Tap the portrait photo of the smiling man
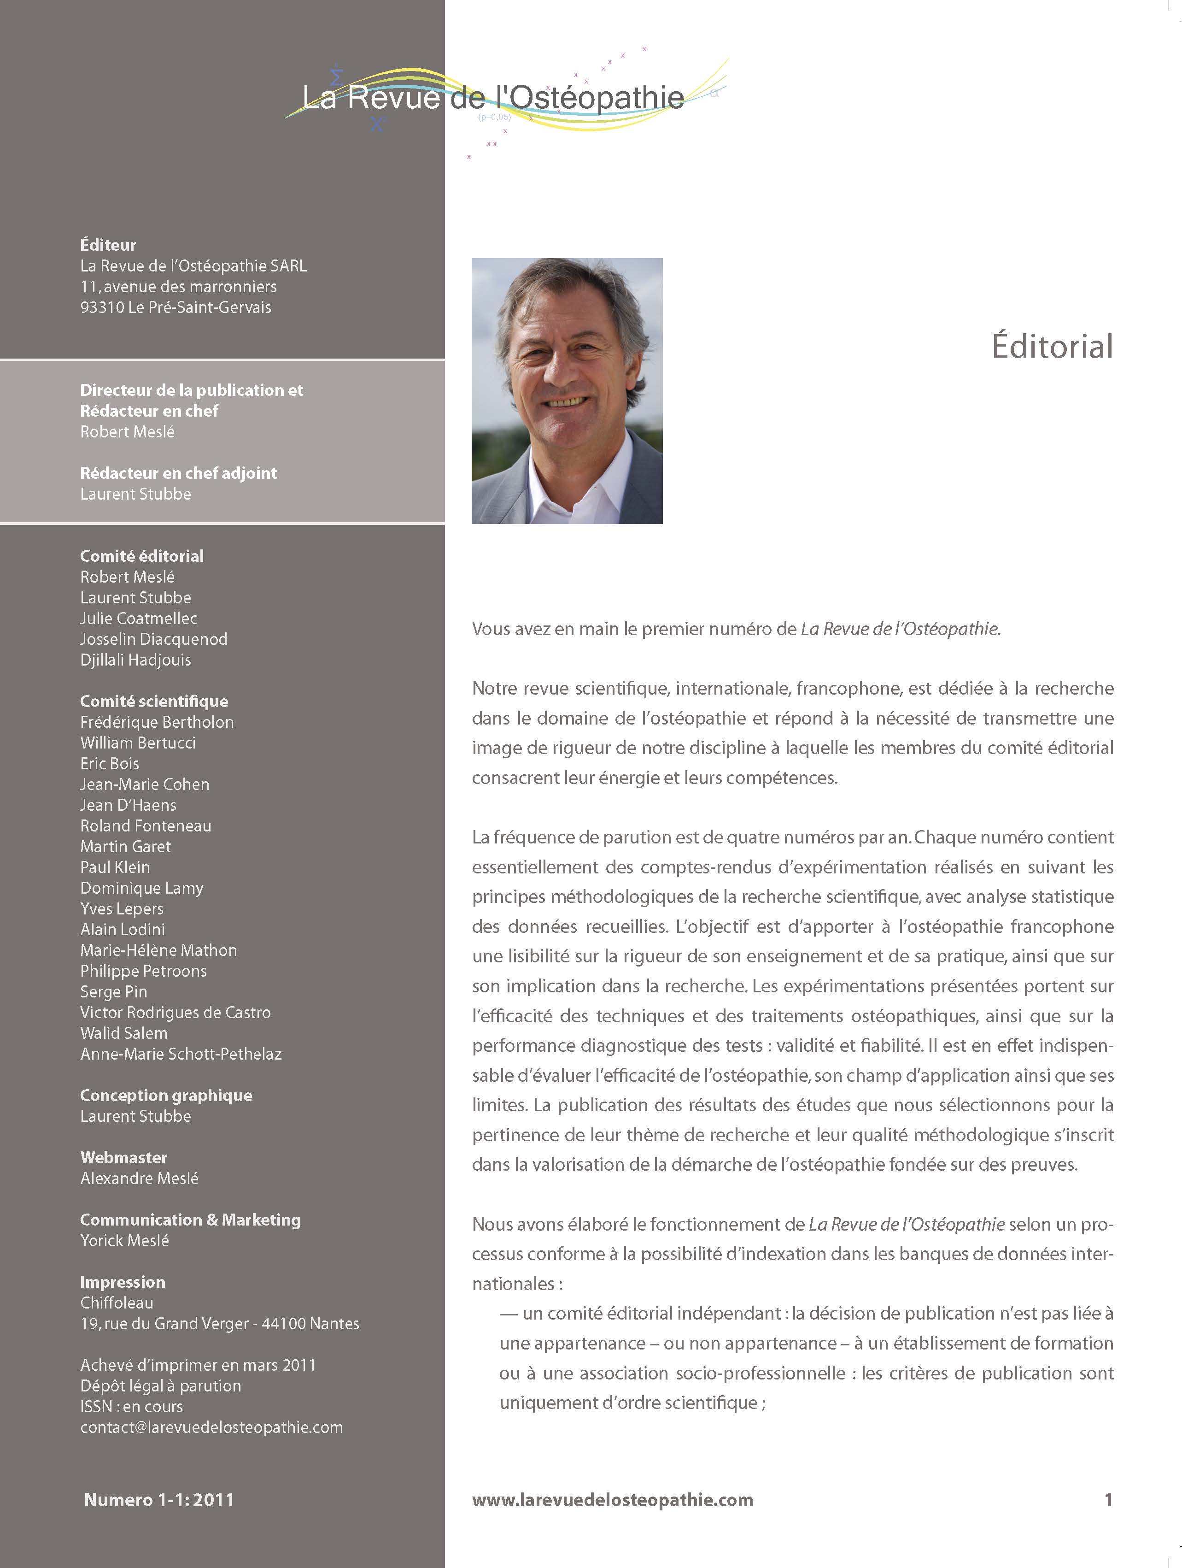tap(567, 390)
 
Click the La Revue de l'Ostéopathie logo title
tap(493, 98)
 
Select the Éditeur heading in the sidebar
tap(108, 245)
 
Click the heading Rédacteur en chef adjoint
tap(179, 473)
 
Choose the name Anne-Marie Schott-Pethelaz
tap(181, 1054)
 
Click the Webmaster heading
tap(123, 1158)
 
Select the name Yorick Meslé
tap(125, 1240)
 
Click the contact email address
tap(211, 1427)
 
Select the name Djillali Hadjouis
tap(135, 660)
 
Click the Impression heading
tap(123, 1282)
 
